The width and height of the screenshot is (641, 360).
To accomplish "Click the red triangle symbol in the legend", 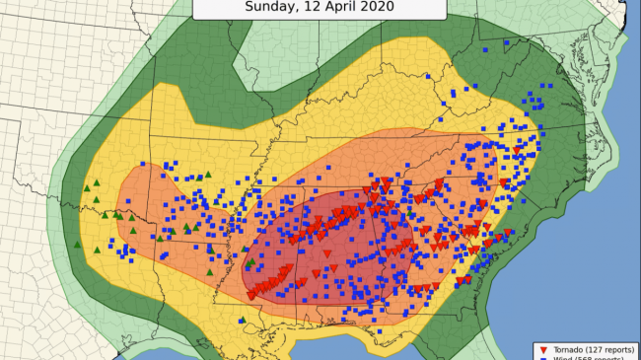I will [541, 349].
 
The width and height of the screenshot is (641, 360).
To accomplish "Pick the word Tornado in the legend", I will [566, 349].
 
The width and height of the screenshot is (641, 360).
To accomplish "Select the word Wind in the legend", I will [560, 358].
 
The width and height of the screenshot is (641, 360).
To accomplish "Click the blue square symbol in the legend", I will [541, 358].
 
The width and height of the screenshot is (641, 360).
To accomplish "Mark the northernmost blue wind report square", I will [486, 46].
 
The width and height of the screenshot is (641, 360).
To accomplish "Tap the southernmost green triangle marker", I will [243, 320].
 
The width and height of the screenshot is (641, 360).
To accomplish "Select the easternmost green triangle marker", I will [410, 214].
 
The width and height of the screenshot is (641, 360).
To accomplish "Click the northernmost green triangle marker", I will [208, 175].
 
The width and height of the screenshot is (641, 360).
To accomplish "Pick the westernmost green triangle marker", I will [87, 186].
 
